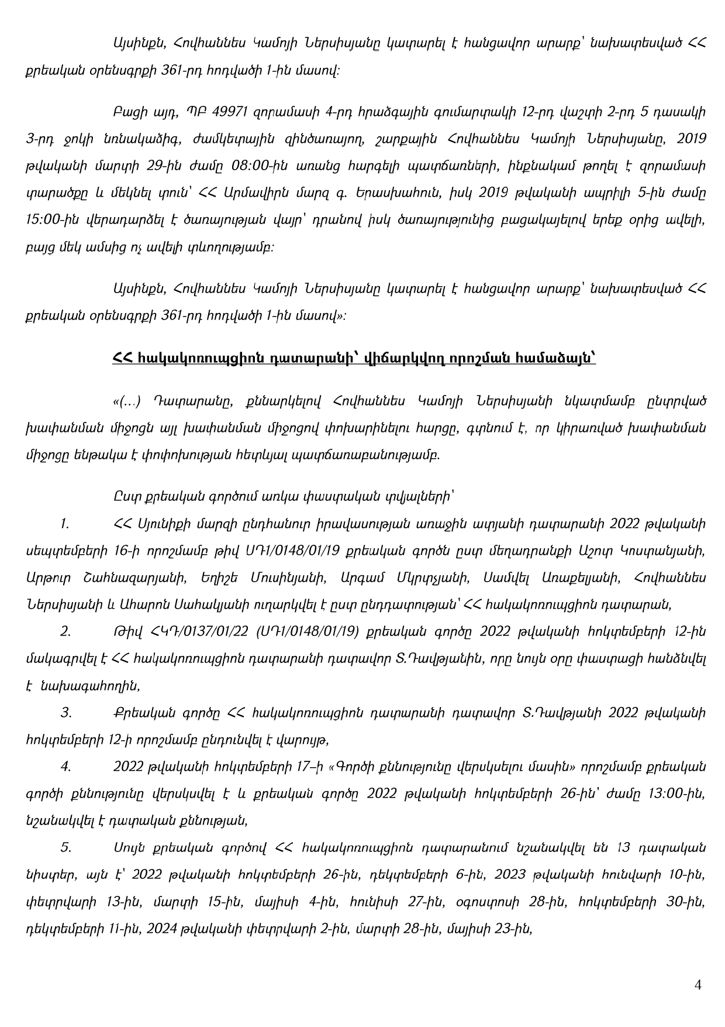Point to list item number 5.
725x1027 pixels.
[65, 847]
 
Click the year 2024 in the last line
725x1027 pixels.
[152, 928]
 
